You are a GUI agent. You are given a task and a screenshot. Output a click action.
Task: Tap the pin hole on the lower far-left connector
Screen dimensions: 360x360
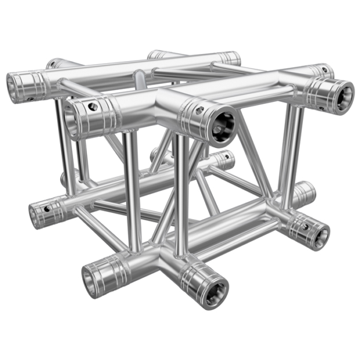[47, 209]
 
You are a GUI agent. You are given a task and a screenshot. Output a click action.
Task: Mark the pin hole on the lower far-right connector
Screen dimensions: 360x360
[305, 227]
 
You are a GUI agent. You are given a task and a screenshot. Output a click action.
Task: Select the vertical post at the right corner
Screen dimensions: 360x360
[287, 150]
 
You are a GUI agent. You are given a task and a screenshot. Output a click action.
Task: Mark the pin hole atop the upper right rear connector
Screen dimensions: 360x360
[325, 70]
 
